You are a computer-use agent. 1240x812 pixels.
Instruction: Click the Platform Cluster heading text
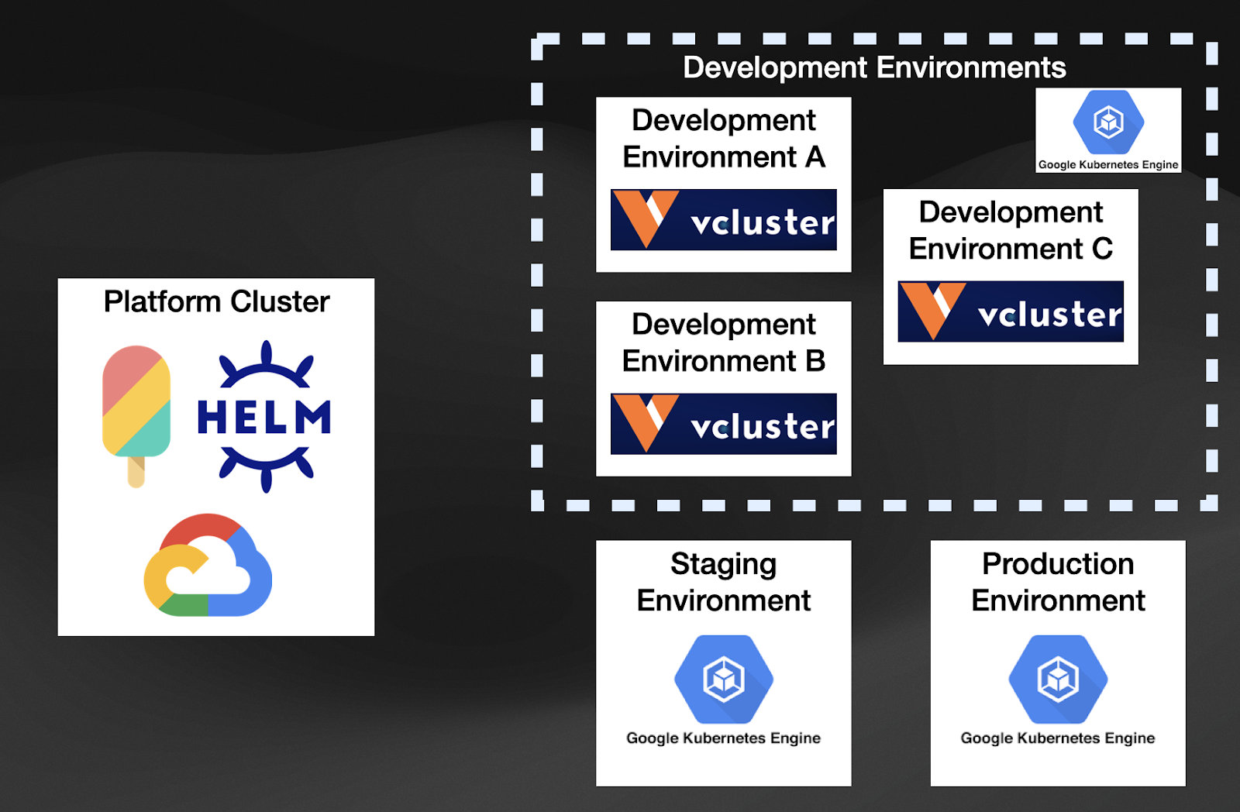[216, 301]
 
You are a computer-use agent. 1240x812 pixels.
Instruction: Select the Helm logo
[265, 417]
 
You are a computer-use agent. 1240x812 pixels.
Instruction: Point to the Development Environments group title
[874, 67]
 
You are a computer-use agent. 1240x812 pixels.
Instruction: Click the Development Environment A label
[723, 139]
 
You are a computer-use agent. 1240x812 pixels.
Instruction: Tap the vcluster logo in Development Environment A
[723, 220]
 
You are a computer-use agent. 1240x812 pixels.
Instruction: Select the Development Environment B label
[723, 342]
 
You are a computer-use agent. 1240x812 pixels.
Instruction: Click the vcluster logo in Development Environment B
[723, 424]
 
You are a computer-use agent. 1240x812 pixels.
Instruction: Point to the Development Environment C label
[1011, 230]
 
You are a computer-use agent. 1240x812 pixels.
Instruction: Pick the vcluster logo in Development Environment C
[1011, 311]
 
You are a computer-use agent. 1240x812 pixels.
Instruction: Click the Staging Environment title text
[723, 582]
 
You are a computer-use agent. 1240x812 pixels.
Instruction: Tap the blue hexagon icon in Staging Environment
[723, 679]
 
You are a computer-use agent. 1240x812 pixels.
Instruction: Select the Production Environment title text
[1058, 582]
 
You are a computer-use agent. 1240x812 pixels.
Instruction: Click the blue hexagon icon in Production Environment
[1058, 679]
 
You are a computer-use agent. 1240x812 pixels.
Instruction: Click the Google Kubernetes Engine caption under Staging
[723, 738]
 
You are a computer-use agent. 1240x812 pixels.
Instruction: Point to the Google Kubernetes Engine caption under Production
[1058, 738]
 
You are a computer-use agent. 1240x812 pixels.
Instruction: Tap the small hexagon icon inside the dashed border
[1108, 122]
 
